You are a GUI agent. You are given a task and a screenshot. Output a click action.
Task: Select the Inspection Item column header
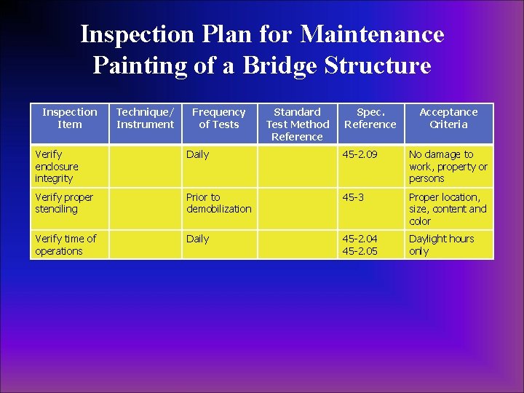click(x=69, y=118)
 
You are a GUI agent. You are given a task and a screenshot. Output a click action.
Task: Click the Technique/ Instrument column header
click(x=145, y=118)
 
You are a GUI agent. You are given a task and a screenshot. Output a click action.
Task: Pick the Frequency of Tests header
click(x=218, y=118)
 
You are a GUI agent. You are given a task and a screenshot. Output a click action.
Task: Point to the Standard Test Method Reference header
click(x=297, y=124)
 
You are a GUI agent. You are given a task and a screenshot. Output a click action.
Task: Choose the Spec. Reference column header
click(x=370, y=118)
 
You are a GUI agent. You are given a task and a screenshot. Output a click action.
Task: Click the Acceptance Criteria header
click(x=448, y=118)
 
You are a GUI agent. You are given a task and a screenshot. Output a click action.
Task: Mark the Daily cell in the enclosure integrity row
click(x=197, y=154)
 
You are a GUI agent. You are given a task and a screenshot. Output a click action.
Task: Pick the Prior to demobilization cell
click(x=218, y=203)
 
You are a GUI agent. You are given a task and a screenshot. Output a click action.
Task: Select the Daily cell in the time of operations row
click(x=197, y=239)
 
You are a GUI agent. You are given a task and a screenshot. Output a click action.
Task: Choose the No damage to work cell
click(x=448, y=166)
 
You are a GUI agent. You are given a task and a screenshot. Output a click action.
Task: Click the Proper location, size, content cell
click(x=448, y=209)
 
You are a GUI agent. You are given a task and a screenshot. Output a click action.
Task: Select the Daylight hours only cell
click(x=441, y=245)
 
